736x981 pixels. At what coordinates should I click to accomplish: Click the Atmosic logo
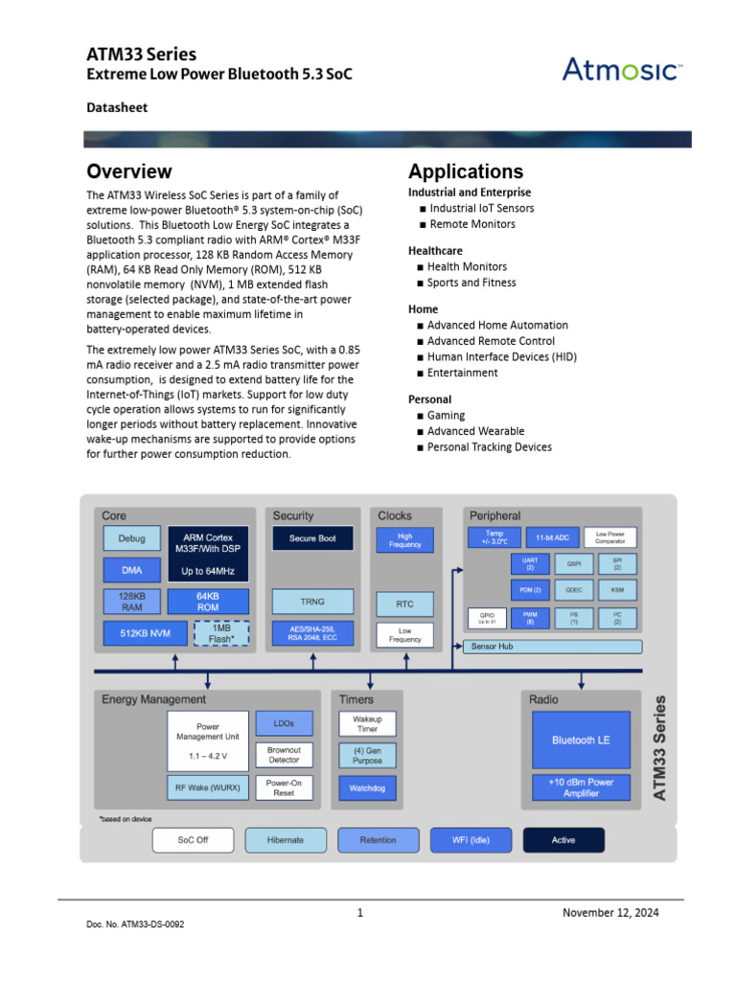tap(622, 70)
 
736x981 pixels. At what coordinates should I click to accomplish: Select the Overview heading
tap(129, 171)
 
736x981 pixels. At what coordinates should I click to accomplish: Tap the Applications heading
tap(466, 171)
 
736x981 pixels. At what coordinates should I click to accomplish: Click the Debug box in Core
tap(131, 538)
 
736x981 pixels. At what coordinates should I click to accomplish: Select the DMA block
tap(131, 570)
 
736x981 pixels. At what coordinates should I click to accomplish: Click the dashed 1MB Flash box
tap(220, 633)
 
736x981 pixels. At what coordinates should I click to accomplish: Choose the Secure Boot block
tap(312, 538)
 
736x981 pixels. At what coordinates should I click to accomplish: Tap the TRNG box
tap(312, 602)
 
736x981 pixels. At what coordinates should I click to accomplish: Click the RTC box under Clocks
tap(404, 605)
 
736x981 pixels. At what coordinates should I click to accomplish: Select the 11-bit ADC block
tap(552, 537)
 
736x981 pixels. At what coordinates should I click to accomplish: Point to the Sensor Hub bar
tap(553, 647)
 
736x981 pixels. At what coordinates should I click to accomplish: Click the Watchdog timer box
tap(367, 788)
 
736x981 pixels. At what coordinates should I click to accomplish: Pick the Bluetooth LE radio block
tap(581, 740)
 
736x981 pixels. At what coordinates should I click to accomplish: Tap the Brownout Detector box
tap(284, 755)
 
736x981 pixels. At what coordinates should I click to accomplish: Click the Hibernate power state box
tap(285, 840)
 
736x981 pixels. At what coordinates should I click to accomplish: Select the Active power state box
tap(563, 840)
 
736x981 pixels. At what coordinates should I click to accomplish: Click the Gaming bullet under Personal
tap(446, 415)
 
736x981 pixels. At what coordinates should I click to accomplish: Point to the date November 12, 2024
tap(610, 913)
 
